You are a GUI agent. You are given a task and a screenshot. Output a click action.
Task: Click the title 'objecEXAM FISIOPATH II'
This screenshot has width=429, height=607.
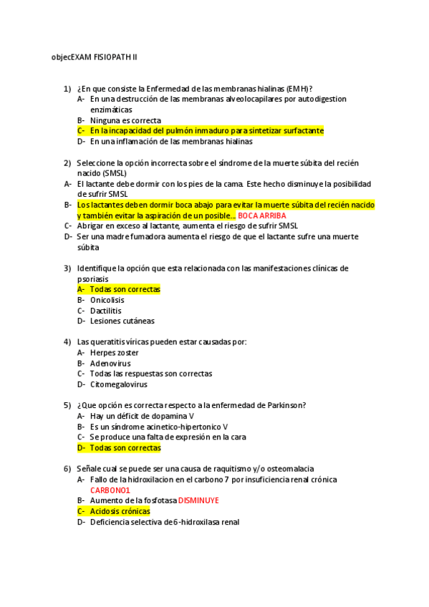tap(99, 57)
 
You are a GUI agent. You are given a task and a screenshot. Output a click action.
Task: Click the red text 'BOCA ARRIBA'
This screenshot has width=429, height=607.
tap(262, 215)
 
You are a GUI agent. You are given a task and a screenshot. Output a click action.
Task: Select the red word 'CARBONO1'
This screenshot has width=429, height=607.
tap(110, 490)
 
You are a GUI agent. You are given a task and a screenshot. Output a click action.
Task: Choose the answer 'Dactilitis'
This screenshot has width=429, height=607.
tap(106, 311)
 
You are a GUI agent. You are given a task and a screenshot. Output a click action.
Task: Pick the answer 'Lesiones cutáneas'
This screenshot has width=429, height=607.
tap(122, 321)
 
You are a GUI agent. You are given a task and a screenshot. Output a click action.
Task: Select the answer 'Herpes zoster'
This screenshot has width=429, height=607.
tap(115, 353)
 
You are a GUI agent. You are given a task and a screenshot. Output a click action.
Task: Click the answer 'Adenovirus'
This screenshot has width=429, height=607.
tap(110, 364)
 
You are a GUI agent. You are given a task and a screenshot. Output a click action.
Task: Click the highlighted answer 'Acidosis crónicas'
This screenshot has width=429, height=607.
tap(120, 512)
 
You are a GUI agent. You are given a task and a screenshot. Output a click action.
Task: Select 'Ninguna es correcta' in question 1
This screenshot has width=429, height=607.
tap(125, 121)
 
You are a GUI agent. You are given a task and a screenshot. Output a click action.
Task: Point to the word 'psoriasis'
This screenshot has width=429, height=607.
tap(94, 279)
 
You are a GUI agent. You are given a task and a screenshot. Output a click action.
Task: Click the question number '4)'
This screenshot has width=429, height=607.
tap(67, 342)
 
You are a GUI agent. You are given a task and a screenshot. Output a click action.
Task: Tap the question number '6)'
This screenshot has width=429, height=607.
tap(67, 469)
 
